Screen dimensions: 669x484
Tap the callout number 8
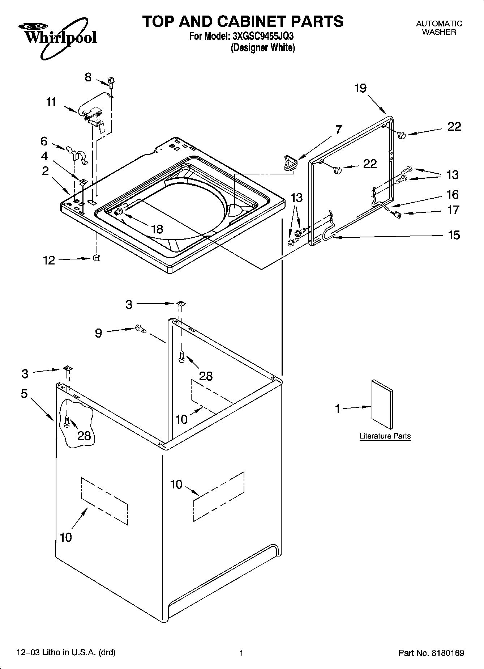pos(88,77)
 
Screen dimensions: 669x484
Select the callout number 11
pos(51,102)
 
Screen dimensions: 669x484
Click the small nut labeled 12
pos(97,258)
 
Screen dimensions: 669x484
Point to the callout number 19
pos(360,88)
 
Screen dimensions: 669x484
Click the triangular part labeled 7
pos(290,162)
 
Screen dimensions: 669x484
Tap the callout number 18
pos(157,229)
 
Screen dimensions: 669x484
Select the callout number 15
pos(454,235)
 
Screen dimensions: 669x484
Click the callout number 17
pos(453,210)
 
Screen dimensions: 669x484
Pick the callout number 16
pos(453,195)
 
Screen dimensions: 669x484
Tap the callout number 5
pos(24,394)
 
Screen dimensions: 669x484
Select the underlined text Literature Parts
pos(385,436)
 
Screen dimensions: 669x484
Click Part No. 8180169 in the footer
pos(431,653)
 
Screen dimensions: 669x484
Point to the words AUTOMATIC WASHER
pos(439,28)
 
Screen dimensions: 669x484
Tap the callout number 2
pos(45,171)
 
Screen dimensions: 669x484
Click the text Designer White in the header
pos(263,47)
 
